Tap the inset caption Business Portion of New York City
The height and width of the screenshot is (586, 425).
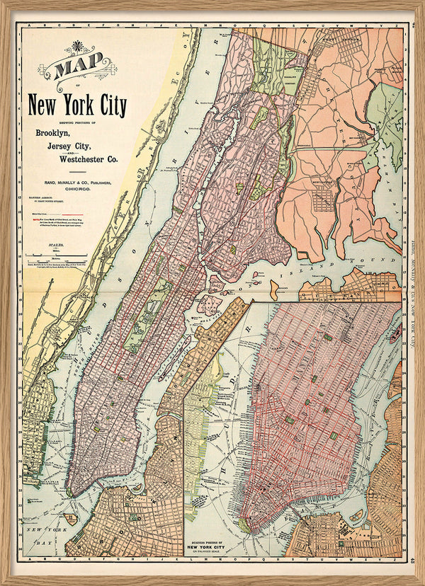point(213,548)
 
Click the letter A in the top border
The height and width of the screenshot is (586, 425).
point(26,25)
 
